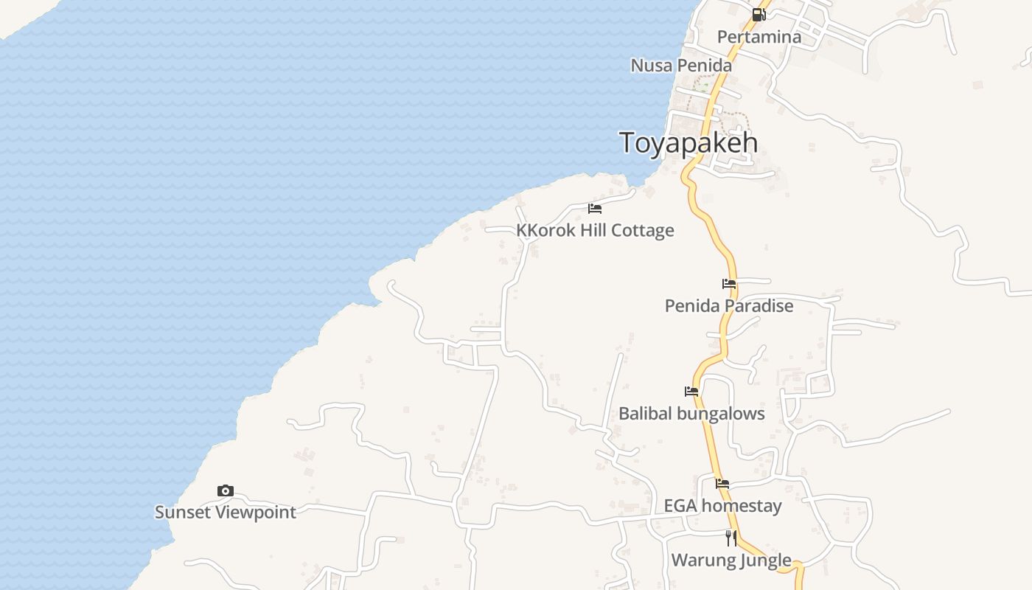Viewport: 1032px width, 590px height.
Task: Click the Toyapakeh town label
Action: click(688, 142)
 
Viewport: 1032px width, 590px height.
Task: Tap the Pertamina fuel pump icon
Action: click(759, 15)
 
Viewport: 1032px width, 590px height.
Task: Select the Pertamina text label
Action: click(759, 37)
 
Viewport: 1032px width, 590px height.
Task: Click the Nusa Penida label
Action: click(681, 66)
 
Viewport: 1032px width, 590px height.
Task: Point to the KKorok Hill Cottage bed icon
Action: click(595, 209)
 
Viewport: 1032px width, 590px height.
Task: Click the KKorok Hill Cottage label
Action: click(595, 231)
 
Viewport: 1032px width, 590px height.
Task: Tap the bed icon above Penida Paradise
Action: click(729, 284)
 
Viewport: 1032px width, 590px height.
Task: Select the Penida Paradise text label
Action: click(729, 306)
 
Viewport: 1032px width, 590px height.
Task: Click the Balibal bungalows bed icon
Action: click(691, 392)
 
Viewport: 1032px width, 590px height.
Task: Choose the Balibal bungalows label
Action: click(691, 414)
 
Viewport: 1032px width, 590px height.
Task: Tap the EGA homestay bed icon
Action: click(722, 484)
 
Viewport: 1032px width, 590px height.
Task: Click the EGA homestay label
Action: click(722, 506)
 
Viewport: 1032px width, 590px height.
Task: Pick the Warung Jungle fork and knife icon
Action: click(731, 538)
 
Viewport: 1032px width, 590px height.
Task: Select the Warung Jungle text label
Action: click(731, 560)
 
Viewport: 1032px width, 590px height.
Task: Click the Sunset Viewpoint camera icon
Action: click(226, 490)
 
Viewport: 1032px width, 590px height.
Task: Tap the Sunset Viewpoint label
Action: click(226, 513)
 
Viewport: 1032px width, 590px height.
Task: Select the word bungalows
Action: click(721, 414)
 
